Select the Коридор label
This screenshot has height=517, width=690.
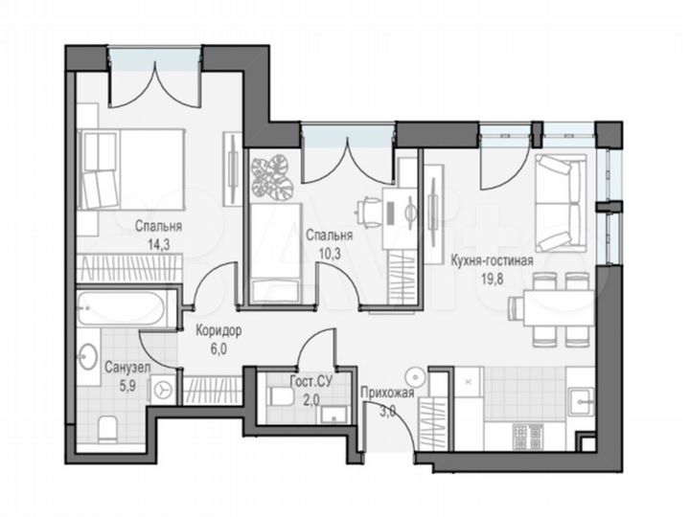(218, 331)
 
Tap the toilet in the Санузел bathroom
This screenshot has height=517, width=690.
(107, 425)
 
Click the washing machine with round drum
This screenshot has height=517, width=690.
(165, 390)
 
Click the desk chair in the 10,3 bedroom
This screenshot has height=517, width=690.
(370, 209)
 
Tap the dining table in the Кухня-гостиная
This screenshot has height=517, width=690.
(551, 308)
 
